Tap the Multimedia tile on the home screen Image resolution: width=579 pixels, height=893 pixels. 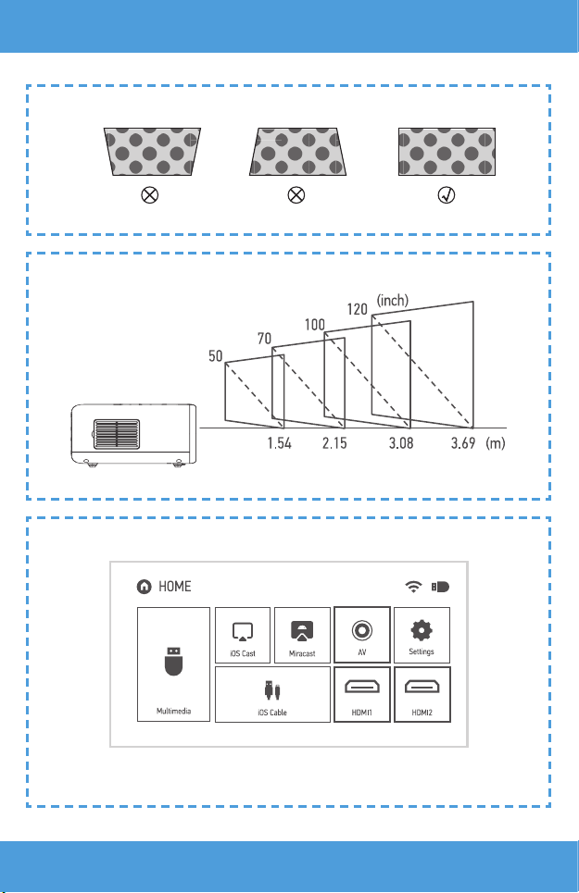tap(173, 664)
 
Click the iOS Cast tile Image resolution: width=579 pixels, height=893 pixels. tap(243, 635)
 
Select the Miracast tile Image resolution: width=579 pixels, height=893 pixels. tap(301, 635)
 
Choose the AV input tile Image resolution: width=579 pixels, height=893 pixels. tap(362, 635)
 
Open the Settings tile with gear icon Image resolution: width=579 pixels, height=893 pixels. tap(422, 635)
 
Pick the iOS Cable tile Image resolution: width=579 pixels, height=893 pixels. tap(272, 693)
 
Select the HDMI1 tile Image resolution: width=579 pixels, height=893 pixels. tap(362, 693)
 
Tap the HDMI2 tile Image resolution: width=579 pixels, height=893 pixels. tap(422, 693)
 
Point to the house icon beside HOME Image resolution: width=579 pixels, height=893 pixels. tap(144, 586)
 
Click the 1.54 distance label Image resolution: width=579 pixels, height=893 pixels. tap(279, 444)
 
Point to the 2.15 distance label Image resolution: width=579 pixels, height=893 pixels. tap(334, 444)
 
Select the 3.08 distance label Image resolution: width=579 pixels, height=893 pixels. tap(400, 444)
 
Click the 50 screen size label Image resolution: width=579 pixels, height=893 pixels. tap(216, 355)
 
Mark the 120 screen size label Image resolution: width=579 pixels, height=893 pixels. tap(358, 308)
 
